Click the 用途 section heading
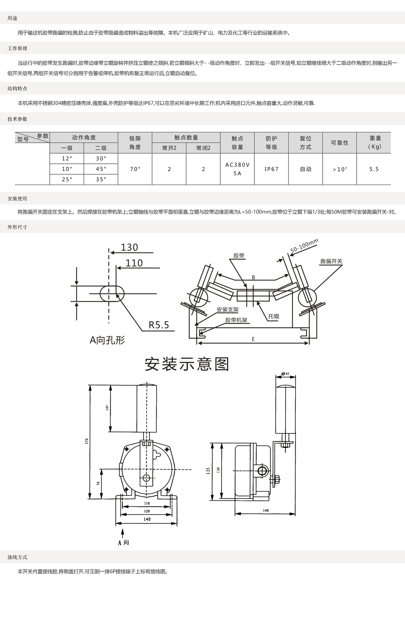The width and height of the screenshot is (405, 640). [x=12, y=18]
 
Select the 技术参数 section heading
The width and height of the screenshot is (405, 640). [x=17, y=119]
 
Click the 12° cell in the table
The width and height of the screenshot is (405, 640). [x=67, y=158]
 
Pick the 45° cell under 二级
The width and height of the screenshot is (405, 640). [x=101, y=169]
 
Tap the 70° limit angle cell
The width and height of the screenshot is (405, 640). [x=135, y=169]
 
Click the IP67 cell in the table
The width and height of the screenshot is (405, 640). [x=271, y=169]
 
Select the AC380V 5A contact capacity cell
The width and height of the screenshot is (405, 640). [x=237, y=169]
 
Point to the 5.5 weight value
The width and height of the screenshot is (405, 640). [x=374, y=169]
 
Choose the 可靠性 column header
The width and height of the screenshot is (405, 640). [x=340, y=143]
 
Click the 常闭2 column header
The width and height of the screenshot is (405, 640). [x=203, y=148]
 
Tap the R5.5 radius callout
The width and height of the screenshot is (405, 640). [x=159, y=325]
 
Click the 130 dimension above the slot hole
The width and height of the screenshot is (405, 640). [x=129, y=247]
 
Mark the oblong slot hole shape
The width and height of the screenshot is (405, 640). [x=112, y=294]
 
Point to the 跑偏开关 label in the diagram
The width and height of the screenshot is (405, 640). [x=331, y=261]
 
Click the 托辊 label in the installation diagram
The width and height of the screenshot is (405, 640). [x=274, y=316]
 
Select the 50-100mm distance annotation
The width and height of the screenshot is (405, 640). [x=304, y=247]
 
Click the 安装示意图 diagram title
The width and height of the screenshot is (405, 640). [x=187, y=364]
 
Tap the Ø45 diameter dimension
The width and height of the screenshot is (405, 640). [x=286, y=373]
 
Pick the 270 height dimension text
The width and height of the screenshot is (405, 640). [x=86, y=442]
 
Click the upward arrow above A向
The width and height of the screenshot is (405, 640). [x=123, y=534]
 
